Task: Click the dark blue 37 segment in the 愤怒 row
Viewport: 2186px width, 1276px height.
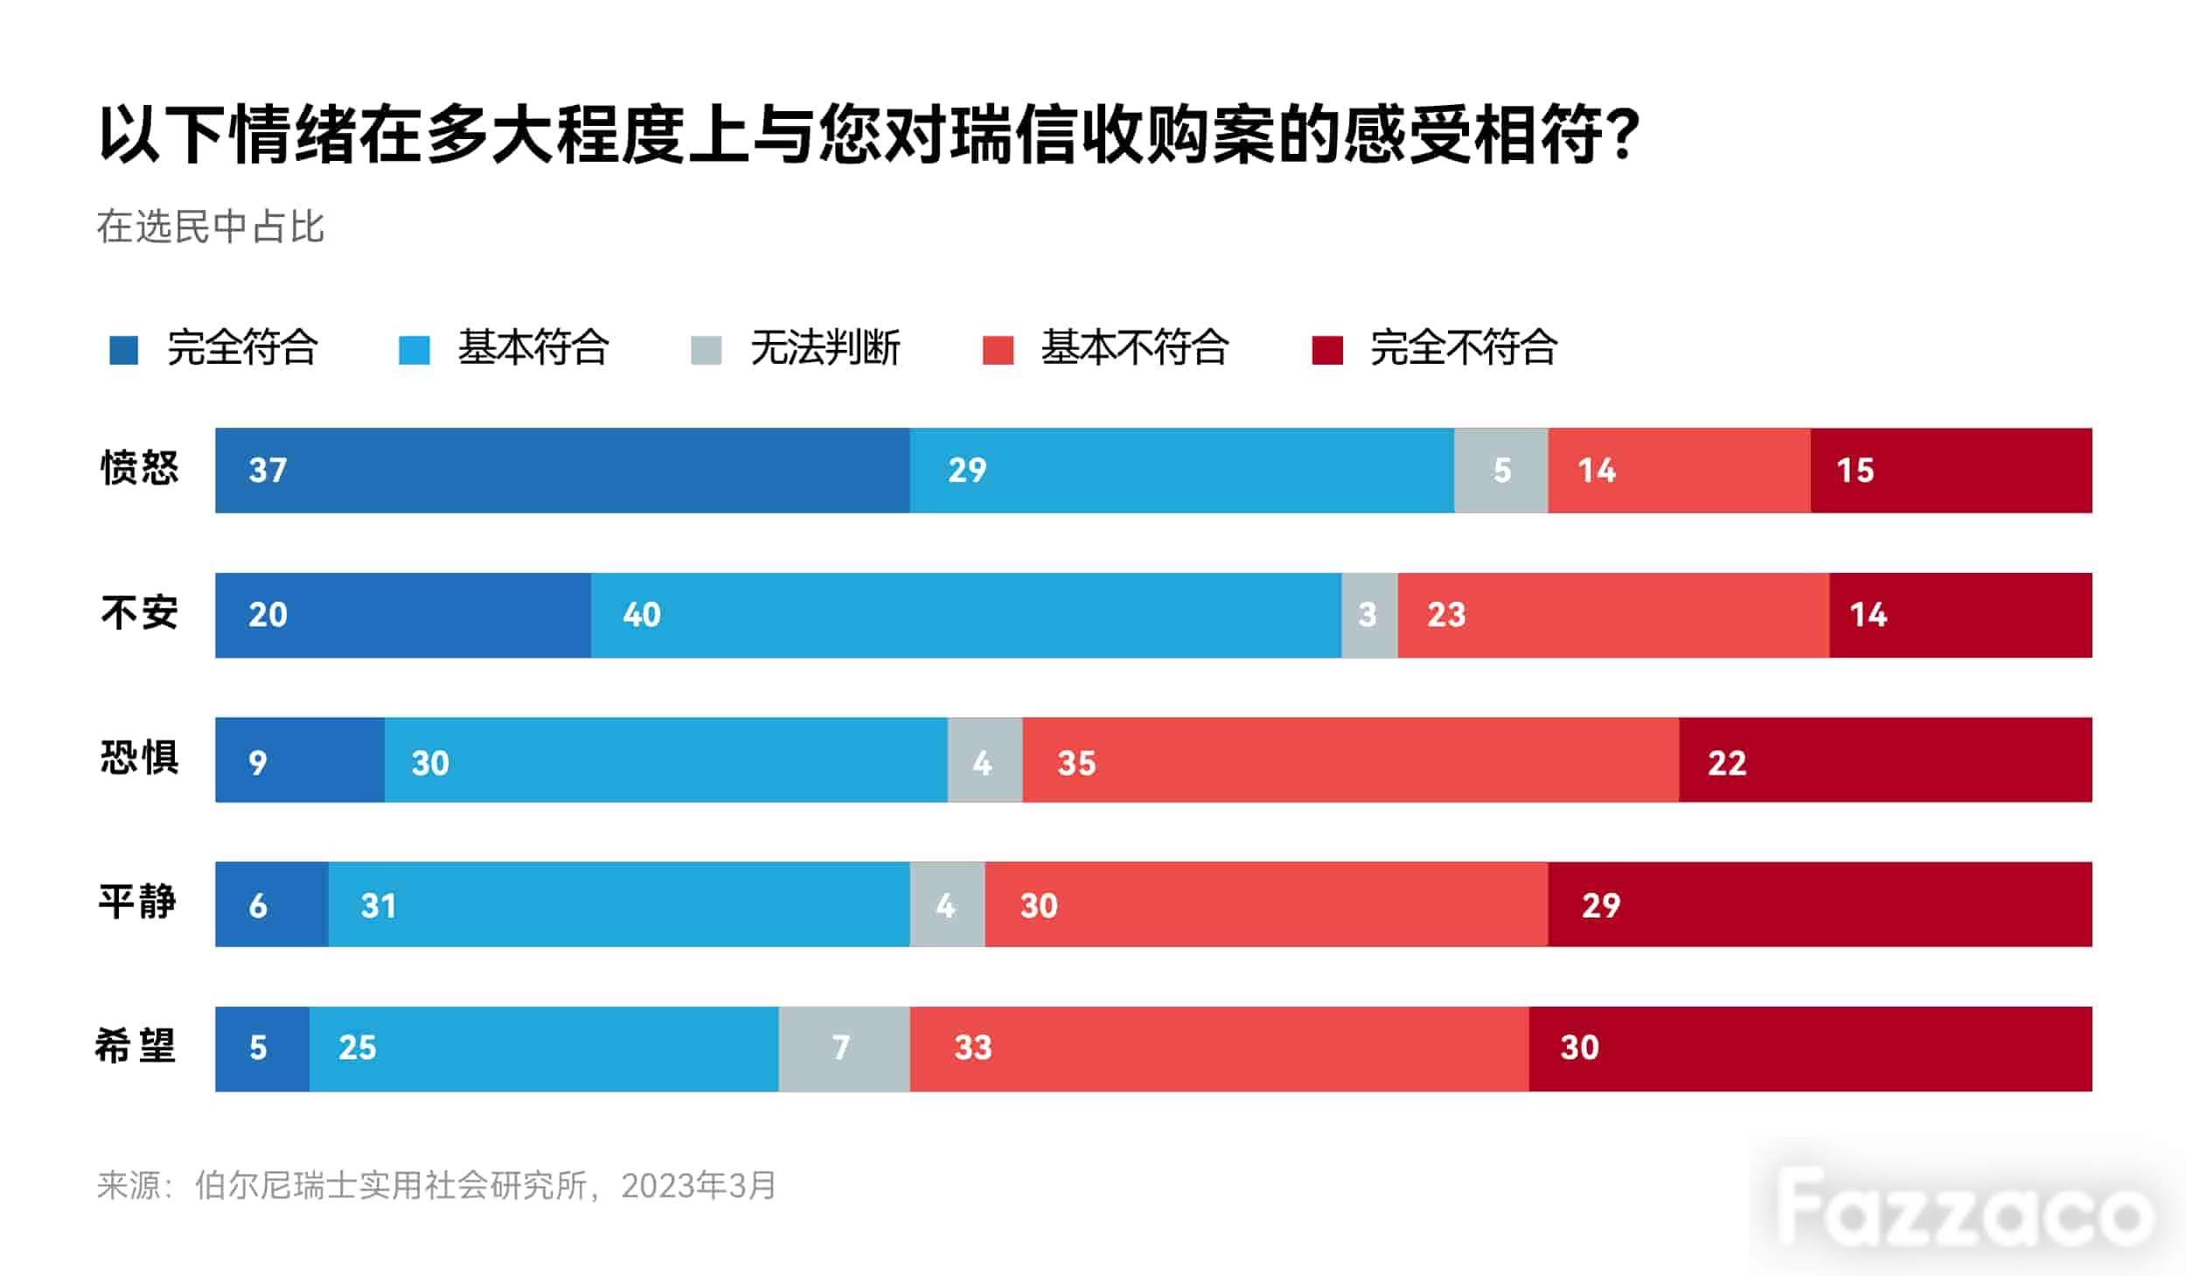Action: coord(562,471)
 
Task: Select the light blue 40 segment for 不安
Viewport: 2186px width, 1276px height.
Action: coord(966,616)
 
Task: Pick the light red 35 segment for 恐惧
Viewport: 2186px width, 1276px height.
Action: coord(1351,760)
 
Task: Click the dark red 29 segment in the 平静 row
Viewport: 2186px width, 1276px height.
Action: coord(1820,904)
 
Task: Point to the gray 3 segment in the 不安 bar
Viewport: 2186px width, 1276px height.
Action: coord(1370,616)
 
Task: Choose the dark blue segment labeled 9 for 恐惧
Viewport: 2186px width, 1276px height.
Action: coord(300,760)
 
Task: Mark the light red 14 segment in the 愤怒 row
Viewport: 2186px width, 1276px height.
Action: coord(1679,471)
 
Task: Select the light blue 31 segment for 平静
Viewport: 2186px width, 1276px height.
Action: coord(619,904)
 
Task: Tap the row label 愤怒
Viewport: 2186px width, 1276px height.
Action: coord(140,468)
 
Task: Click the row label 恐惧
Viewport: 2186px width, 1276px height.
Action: coord(140,757)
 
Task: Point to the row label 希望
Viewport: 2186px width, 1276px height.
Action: coord(136,1046)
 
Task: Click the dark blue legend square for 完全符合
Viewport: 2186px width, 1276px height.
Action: coord(123,350)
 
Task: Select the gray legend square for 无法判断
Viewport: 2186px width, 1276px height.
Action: coord(706,350)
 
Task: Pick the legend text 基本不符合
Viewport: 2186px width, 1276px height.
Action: coord(1135,348)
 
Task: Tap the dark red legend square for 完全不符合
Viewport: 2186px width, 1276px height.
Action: coord(1327,350)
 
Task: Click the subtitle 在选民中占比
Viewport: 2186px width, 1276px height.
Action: coord(211,227)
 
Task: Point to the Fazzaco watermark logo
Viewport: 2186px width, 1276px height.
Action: coord(1967,1207)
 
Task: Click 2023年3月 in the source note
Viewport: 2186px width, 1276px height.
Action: coord(699,1186)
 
